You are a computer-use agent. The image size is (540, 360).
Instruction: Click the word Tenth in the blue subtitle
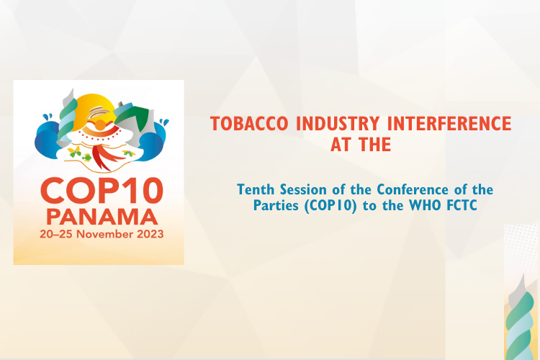[x=255, y=189]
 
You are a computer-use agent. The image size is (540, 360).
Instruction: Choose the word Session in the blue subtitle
[x=304, y=189]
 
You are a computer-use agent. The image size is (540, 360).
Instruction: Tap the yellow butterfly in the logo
[x=73, y=152]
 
